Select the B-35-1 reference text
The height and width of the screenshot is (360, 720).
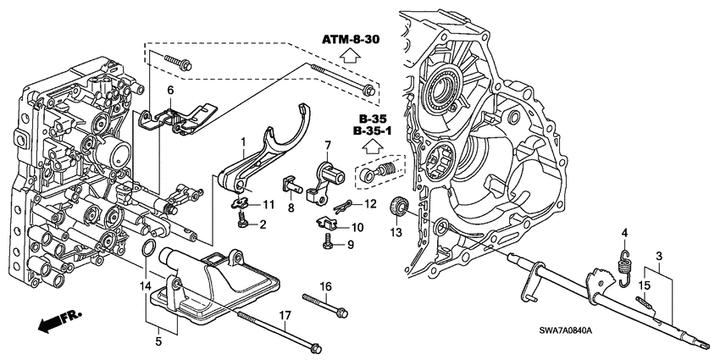point(374,130)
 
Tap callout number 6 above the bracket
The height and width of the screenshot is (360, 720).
point(170,91)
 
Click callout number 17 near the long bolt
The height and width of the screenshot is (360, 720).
point(285,314)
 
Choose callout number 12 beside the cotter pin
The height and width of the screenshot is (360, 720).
point(370,203)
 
